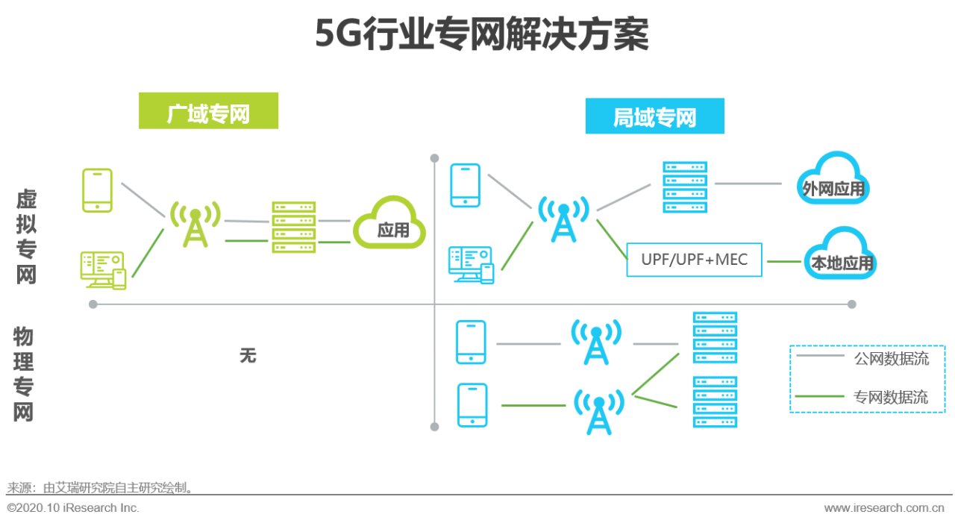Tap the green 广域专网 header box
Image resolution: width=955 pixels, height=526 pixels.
pyautogui.click(x=208, y=111)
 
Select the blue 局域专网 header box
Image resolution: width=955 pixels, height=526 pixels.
pyautogui.click(x=654, y=116)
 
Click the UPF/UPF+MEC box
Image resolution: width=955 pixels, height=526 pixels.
pyautogui.click(x=694, y=260)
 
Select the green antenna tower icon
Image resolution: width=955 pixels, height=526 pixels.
pyautogui.click(x=195, y=223)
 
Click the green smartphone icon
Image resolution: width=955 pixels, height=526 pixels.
pyautogui.click(x=98, y=190)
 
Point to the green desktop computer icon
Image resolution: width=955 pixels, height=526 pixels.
pyautogui.click(x=102, y=269)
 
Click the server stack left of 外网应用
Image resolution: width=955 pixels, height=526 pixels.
pyautogui.click(x=684, y=187)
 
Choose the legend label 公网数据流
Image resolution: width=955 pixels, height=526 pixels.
pyautogui.click(x=891, y=359)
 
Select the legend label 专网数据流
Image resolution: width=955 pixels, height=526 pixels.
pyautogui.click(x=891, y=397)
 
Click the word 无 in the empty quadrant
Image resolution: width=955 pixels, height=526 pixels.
pyautogui.click(x=248, y=356)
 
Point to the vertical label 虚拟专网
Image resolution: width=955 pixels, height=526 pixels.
pyautogui.click(x=26, y=237)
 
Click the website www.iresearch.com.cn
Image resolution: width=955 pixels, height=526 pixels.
pyautogui.click(x=883, y=508)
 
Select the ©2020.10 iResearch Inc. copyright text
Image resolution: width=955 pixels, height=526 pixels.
pyautogui.click(x=73, y=508)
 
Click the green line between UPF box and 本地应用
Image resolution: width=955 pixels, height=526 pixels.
pyautogui.click(x=783, y=261)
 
